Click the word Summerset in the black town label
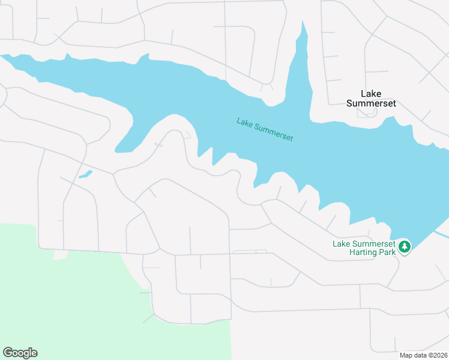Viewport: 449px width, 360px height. (372, 103)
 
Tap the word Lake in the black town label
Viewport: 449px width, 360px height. (372, 94)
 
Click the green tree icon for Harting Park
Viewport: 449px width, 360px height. (405, 246)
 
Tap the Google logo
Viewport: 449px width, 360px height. (20, 353)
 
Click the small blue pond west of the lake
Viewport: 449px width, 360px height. (85, 175)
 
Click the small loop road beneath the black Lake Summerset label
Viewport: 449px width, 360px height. (367, 113)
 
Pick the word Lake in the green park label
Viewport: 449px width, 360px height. (342, 244)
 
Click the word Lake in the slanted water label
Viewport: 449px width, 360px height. (244, 123)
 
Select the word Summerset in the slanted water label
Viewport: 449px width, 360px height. (274, 133)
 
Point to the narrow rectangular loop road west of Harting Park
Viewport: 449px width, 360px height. (250, 251)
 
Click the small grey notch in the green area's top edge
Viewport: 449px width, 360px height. (61, 256)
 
